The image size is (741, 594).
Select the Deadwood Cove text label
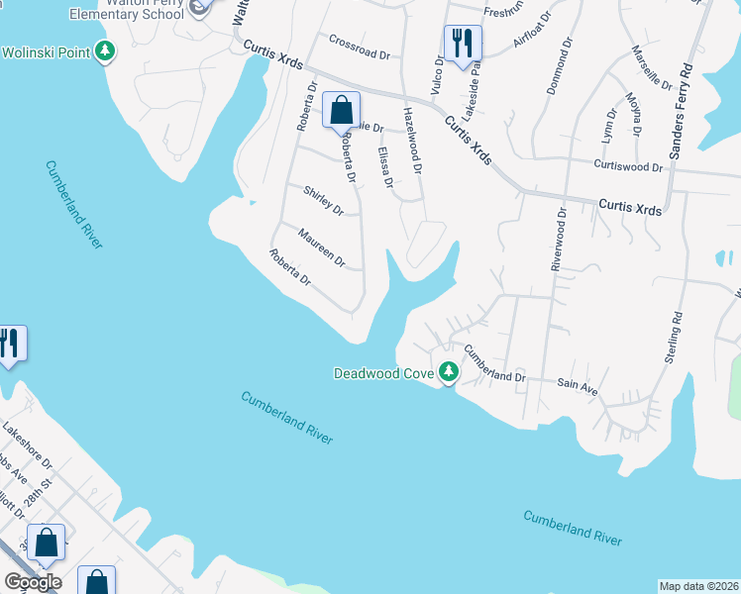[384, 373]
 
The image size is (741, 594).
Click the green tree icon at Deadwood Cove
[449, 373]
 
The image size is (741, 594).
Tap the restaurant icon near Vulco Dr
[463, 43]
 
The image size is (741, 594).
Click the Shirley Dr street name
[323, 201]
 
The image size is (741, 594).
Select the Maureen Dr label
[323, 247]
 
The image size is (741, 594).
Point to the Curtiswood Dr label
[627, 166]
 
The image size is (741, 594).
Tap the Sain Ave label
[578, 387]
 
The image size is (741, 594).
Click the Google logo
[32, 581]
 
